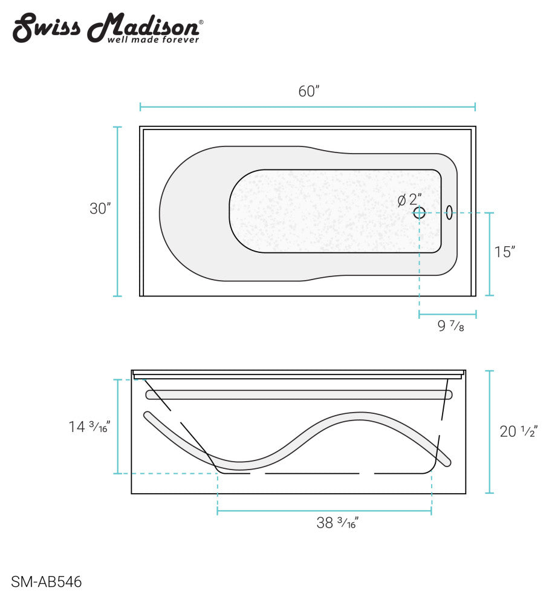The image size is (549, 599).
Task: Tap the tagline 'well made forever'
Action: click(x=152, y=40)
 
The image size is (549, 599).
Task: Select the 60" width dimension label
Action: click(x=308, y=91)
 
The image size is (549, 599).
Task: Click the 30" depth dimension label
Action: click(x=100, y=209)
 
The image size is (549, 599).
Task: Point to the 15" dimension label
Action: click(x=504, y=252)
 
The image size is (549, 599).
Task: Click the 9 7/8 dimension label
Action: click(x=450, y=327)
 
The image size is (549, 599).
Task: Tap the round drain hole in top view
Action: click(x=419, y=212)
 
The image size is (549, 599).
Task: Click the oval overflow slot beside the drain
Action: click(x=449, y=212)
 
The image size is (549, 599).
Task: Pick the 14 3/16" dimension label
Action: click(x=89, y=427)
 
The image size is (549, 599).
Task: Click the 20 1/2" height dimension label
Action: click(x=518, y=431)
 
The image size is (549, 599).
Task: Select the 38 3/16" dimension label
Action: click(x=337, y=523)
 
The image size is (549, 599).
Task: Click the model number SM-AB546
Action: click(x=46, y=582)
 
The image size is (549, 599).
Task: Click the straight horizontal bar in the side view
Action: click(x=299, y=394)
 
